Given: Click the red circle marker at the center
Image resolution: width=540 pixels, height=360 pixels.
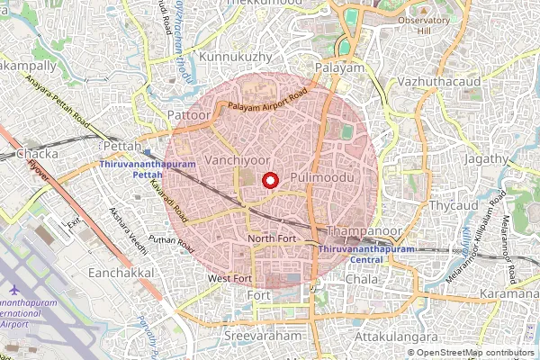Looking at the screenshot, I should [x=269, y=181].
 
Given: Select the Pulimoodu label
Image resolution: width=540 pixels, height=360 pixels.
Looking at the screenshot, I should [x=319, y=179].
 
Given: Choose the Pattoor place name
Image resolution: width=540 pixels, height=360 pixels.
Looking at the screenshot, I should [x=189, y=116].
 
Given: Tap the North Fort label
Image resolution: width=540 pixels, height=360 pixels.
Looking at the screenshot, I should [x=272, y=238].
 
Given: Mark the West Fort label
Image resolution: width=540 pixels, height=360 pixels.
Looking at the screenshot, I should [x=229, y=279].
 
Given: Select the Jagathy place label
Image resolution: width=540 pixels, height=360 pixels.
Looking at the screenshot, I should [x=487, y=158].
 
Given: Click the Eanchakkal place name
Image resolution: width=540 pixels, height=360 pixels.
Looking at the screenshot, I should [x=115, y=271].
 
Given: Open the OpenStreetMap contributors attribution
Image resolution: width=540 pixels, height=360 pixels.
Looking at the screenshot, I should [x=475, y=353].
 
